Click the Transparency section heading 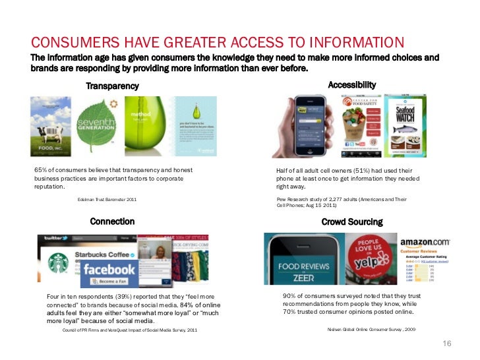click(112, 86)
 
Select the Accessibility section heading click(352, 84)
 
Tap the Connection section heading click(112, 222)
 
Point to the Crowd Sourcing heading click(352, 222)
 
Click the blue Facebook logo click(108, 270)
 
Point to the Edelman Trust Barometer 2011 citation click(107, 199)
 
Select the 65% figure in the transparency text click(42, 170)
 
